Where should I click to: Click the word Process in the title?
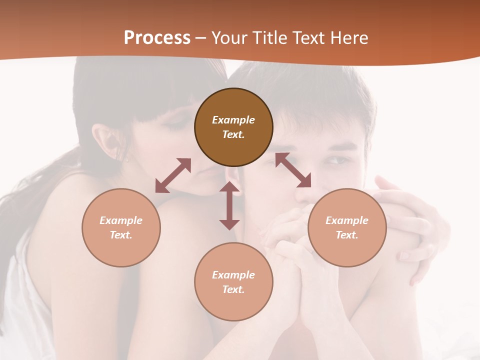point(157,38)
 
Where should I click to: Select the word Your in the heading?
point(229,38)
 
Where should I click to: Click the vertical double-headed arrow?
point(229,205)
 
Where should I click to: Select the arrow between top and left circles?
point(173,175)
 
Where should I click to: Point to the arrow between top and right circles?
point(293,170)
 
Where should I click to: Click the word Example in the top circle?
point(233,120)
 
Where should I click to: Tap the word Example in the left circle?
point(121,220)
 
